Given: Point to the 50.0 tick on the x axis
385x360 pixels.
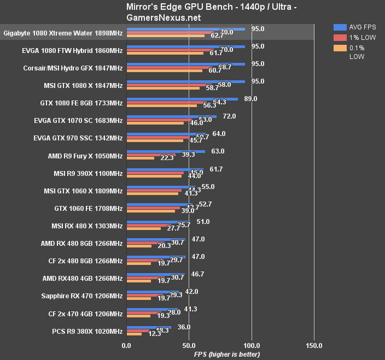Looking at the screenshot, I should click(189, 346).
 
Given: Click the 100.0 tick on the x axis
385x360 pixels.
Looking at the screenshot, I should click(252, 346).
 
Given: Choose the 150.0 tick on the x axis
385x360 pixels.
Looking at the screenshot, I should click(314, 346).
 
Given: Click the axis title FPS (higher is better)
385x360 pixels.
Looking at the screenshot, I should click(227, 355).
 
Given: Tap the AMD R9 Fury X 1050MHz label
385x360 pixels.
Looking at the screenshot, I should click(85, 156).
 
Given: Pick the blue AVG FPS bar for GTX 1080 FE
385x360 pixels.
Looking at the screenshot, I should click(182, 99).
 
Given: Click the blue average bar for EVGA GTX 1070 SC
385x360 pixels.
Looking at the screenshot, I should click(171, 116).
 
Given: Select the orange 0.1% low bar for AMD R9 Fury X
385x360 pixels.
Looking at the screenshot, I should click(140, 158).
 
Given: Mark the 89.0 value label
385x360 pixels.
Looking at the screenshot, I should click(250, 98).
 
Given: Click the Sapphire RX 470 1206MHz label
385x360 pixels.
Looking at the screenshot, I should click(81, 296).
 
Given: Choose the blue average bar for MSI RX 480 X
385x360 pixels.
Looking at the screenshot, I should click(158, 222).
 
